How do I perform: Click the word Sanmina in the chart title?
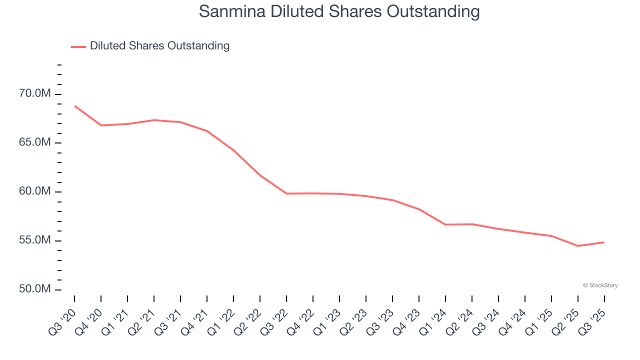[x=232, y=11]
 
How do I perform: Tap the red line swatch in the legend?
[x=78, y=46]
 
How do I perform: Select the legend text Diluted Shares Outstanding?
[x=159, y=46]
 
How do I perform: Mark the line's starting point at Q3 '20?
[x=74, y=106]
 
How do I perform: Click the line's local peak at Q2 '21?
[x=154, y=120]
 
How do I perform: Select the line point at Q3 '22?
[x=286, y=193]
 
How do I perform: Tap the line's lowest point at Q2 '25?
[x=578, y=246]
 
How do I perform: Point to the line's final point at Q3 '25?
[x=604, y=242]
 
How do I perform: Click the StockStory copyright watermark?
[x=600, y=285]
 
